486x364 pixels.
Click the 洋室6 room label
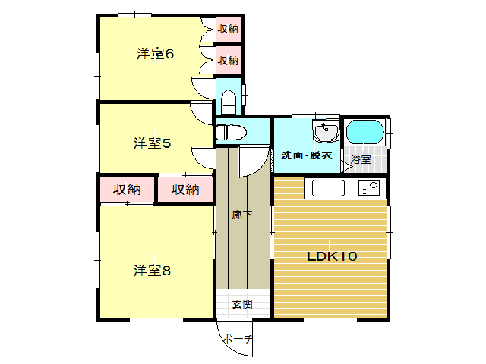point(155,54)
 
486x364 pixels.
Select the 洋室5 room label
point(152,143)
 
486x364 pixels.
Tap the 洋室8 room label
point(152,271)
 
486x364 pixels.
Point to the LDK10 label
point(332,256)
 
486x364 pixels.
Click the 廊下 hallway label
point(242,215)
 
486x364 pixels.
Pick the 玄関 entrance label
point(242,304)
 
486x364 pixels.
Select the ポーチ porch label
point(238,339)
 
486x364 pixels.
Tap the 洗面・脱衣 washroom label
point(307,155)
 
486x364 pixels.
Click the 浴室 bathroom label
point(361,159)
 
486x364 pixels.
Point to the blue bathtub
point(365,132)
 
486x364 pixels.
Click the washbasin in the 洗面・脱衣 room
point(326,131)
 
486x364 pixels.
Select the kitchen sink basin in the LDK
point(328,188)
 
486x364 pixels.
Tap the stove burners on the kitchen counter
point(369,188)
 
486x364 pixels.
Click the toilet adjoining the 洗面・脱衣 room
point(231,133)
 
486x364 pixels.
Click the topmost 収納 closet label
point(228,29)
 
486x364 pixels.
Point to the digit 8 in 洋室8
point(166,271)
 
